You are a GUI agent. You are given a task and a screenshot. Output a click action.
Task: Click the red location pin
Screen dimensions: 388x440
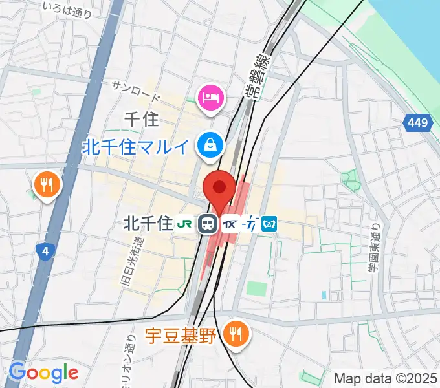click(x=219, y=189)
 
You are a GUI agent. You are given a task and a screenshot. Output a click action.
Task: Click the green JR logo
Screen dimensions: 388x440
click(x=184, y=224)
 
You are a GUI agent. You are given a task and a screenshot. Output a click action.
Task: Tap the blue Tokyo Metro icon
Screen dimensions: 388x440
click(x=270, y=224)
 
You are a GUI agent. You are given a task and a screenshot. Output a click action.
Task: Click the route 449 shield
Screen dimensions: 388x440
click(x=418, y=122)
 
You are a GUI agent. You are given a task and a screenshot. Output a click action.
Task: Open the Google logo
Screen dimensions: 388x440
click(x=43, y=372)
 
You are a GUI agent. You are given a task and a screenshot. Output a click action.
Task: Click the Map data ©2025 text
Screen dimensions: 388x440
click(x=386, y=378)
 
